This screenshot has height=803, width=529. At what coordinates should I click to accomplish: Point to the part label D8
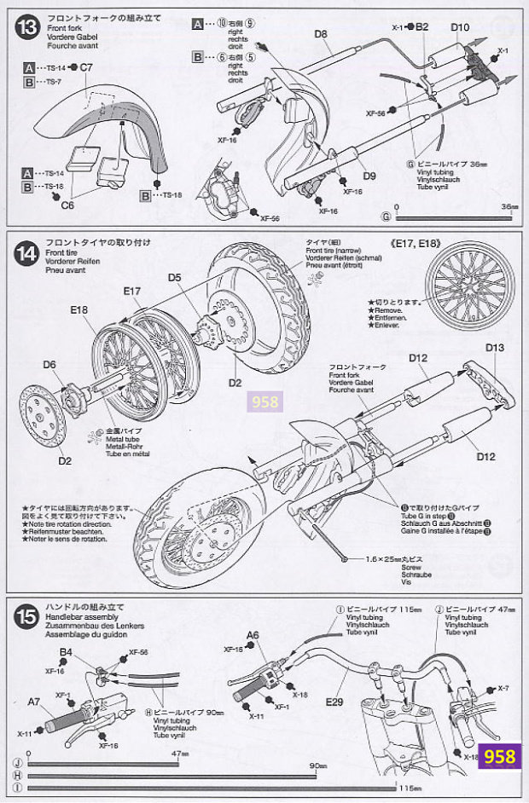click(321, 34)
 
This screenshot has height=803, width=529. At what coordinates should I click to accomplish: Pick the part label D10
click(460, 27)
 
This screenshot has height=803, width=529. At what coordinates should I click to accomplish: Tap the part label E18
click(80, 309)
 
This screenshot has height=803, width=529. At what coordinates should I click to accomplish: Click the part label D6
click(49, 364)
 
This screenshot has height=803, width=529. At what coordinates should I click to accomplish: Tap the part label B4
click(66, 653)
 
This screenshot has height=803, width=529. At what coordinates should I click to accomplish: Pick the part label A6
click(253, 634)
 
